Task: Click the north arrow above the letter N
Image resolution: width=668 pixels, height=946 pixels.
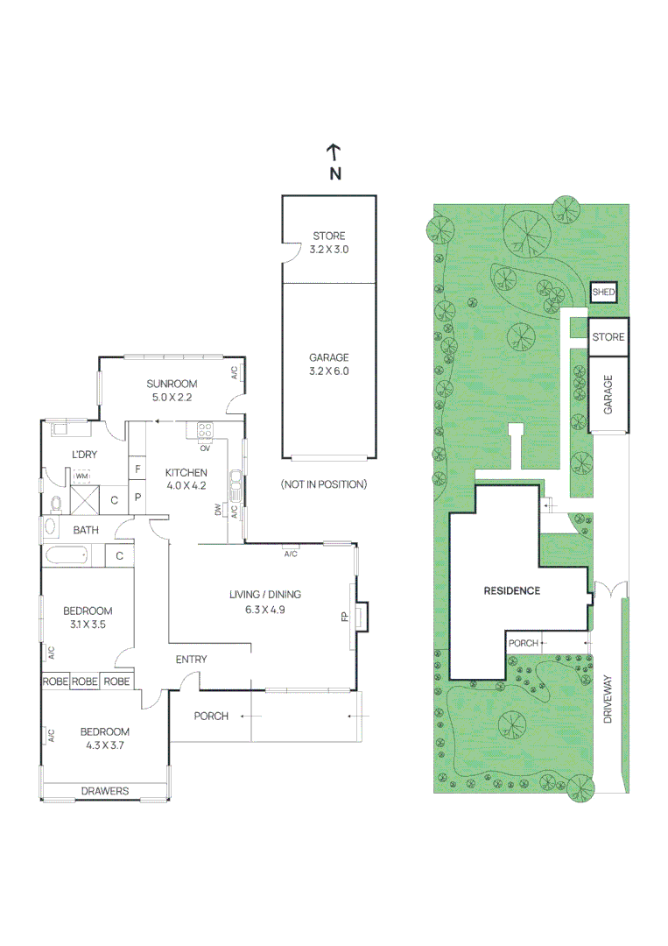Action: [x=334, y=152]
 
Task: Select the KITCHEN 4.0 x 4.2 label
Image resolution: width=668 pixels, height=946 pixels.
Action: [x=186, y=479]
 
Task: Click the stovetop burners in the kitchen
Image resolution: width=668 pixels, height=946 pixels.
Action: [x=206, y=431]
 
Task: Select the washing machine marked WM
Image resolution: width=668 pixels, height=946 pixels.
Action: [x=81, y=478]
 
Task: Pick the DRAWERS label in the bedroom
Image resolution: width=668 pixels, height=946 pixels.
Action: [x=105, y=791]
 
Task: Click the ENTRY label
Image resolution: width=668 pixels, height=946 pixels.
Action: [x=191, y=660]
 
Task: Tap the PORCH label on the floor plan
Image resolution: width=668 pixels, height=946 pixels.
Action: [x=211, y=716]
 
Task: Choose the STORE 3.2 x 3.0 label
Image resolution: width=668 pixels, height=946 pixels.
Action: [x=328, y=243]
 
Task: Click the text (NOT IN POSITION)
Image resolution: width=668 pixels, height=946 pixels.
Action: [x=323, y=484]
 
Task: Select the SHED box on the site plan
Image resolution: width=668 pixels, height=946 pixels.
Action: [x=603, y=293]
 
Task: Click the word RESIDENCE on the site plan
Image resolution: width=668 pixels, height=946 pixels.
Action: [x=512, y=590]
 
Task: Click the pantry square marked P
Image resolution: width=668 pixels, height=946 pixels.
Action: [x=137, y=498]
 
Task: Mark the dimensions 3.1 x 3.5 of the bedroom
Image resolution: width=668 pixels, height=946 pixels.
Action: [x=88, y=625]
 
